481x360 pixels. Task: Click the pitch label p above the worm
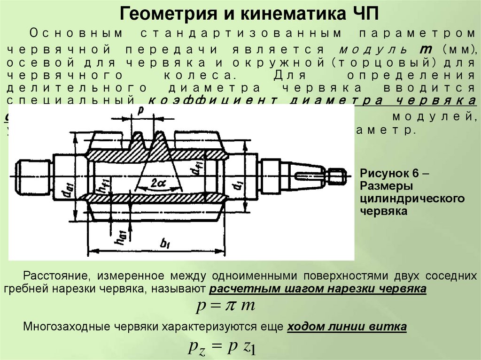coord(140,110)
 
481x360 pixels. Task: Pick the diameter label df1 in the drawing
coord(195,177)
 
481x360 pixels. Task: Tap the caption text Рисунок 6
coord(390,172)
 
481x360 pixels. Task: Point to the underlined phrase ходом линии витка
coord(347,327)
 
